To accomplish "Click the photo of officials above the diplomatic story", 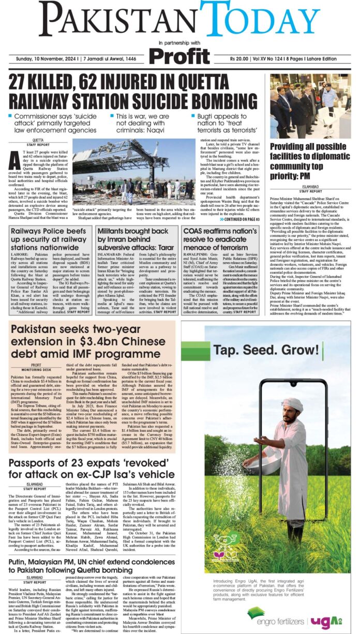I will tap(310, 106).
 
